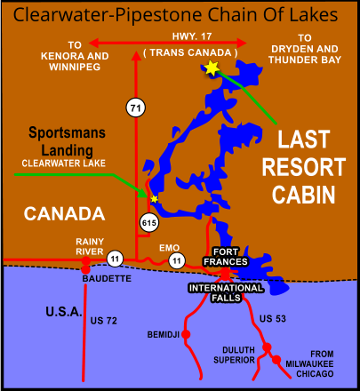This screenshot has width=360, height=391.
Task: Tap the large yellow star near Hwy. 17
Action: (x=212, y=68)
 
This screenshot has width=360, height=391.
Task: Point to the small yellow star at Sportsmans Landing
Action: (x=154, y=198)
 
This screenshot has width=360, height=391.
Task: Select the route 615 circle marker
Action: (x=148, y=223)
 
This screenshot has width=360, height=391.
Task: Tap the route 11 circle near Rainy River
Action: (x=116, y=259)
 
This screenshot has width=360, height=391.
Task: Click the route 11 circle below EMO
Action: (x=177, y=261)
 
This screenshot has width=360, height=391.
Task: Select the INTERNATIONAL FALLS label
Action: (x=226, y=288)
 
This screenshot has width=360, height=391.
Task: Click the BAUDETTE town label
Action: (x=108, y=278)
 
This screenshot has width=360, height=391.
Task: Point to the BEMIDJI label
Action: (x=164, y=335)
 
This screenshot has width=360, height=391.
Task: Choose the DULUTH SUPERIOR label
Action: (x=233, y=354)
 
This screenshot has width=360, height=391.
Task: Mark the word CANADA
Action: (x=64, y=213)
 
